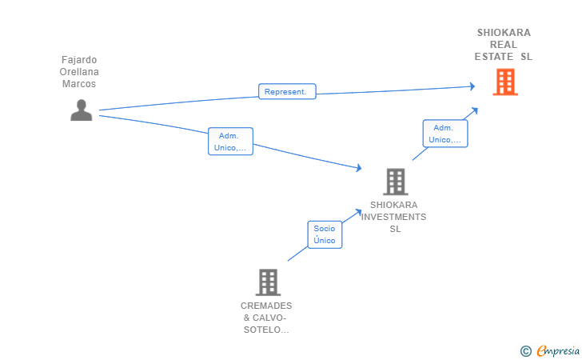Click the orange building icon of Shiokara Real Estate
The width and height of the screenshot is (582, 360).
[x=505, y=82]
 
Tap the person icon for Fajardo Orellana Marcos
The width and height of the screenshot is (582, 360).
[x=82, y=110]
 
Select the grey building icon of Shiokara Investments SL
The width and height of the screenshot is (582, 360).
[x=396, y=182]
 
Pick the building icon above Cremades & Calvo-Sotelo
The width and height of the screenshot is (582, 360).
[x=268, y=282]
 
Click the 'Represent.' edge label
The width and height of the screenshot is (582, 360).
[x=287, y=91]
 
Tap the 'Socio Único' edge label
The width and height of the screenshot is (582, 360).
[x=325, y=234]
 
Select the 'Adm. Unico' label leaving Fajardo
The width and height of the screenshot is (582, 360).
[x=230, y=142]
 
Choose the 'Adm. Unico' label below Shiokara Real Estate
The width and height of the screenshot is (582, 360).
[x=445, y=134]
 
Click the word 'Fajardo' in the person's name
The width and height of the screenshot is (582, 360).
[x=79, y=60]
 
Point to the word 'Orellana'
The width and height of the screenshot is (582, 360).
[x=79, y=72]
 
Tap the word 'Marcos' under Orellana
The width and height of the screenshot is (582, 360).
[x=79, y=83]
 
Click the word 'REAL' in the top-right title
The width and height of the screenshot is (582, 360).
[x=504, y=45]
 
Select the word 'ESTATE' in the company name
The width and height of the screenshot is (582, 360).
[x=494, y=57]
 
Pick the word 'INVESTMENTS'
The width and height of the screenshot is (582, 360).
[x=394, y=217]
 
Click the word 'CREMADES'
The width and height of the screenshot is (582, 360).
[x=266, y=306]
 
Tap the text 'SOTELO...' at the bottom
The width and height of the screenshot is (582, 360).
[x=266, y=330]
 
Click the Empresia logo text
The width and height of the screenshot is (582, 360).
[x=558, y=350]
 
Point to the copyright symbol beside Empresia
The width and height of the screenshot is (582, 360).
[x=526, y=351]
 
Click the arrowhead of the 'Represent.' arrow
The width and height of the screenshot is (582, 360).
[x=472, y=86]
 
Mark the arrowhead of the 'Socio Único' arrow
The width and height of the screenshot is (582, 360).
[x=358, y=212]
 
